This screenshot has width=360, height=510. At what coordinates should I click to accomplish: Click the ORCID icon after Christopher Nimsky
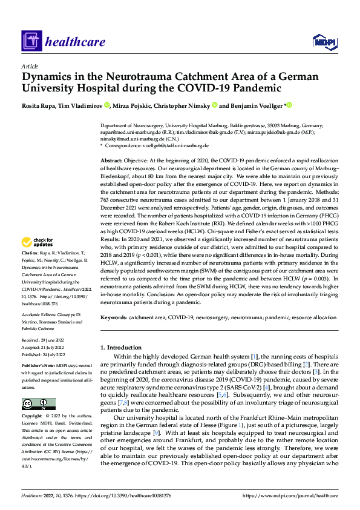tap(215, 105)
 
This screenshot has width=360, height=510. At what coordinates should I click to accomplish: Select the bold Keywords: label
tap(114, 317)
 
